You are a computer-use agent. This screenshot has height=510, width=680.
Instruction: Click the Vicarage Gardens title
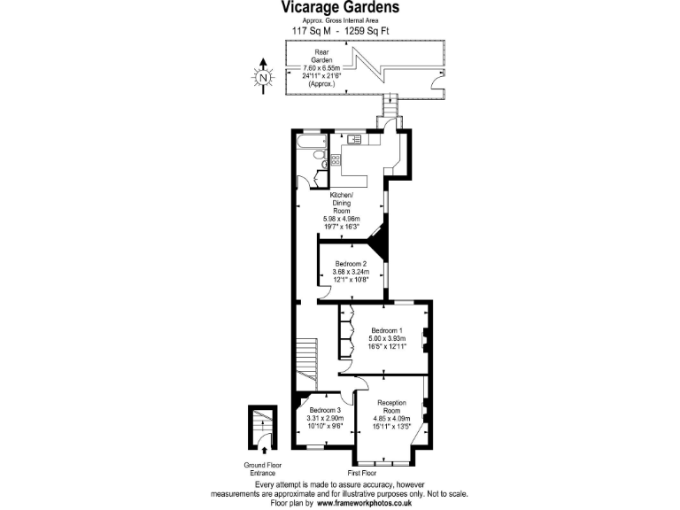(x=340, y=8)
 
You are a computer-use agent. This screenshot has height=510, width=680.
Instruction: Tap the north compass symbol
(x=263, y=76)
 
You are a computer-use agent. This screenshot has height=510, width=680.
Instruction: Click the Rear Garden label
(x=310, y=58)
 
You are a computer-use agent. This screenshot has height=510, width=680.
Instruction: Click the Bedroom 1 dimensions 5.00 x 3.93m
(x=387, y=338)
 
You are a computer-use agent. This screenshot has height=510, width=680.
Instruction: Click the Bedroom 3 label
(x=325, y=410)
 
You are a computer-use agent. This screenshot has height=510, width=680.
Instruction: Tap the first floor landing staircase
(x=305, y=359)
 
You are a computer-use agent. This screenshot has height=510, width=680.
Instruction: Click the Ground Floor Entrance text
(x=263, y=469)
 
